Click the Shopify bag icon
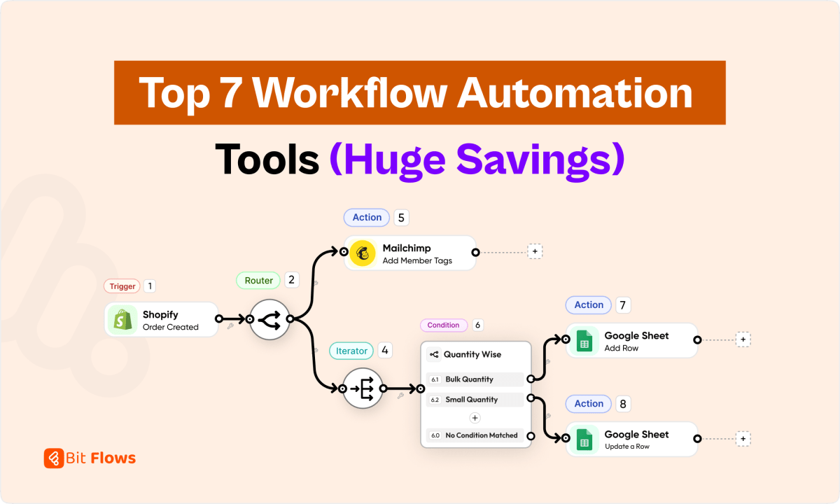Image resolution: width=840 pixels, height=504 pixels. click(x=121, y=320)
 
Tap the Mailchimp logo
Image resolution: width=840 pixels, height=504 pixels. click(x=363, y=253)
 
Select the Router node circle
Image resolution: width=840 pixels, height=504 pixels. click(x=269, y=319)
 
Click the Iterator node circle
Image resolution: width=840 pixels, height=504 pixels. click(x=363, y=388)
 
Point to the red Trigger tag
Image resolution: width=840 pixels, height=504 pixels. click(x=122, y=286)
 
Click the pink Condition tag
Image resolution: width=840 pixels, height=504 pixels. click(x=443, y=325)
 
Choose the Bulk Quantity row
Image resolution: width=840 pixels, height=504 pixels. click(x=475, y=379)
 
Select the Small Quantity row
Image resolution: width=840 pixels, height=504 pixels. click(x=475, y=400)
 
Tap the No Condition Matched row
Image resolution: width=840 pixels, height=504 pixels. click(x=475, y=435)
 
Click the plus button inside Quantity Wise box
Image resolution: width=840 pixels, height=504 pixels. click(x=475, y=418)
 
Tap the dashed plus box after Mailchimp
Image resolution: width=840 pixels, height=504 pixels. click(x=535, y=251)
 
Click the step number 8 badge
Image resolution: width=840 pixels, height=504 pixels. click(x=623, y=404)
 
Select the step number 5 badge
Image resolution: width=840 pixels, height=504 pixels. click(x=401, y=218)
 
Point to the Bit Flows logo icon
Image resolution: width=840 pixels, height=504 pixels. click(x=53, y=458)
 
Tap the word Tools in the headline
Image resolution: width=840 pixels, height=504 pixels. click(x=267, y=160)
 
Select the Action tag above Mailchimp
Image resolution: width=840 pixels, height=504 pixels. click(x=367, y=218)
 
